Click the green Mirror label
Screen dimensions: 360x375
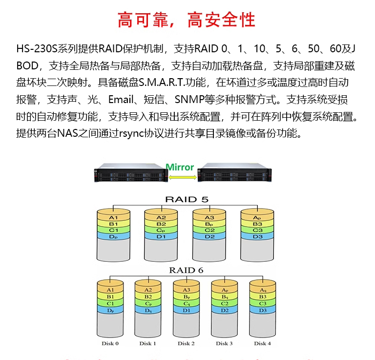pos(180,167)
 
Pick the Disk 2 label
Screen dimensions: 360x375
pos(186,343)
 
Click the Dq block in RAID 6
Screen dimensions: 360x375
pos(148,310)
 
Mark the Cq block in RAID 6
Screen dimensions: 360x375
pos(186,303)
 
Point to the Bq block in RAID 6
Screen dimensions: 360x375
pos(225,296)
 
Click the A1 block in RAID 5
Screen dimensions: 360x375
pos(114,217)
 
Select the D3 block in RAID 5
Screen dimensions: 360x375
pos(258,236)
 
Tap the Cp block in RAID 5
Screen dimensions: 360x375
pos(162,230)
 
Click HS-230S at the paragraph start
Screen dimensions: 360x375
pos(37,49)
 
